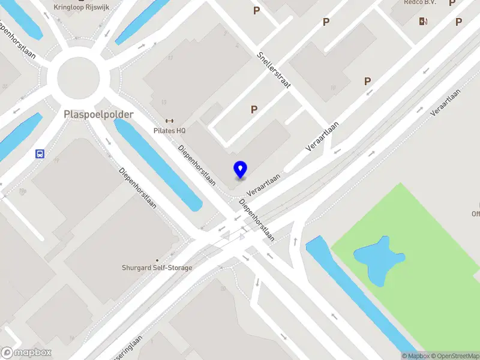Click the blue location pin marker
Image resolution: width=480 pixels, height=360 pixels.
point(240,169)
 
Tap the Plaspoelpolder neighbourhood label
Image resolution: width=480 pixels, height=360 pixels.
point(98,113)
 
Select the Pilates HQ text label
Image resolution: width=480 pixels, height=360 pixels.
point(169,130)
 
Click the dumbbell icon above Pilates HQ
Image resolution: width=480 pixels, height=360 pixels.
point(170,121)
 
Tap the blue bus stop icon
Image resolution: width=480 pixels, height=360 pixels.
point(40,154)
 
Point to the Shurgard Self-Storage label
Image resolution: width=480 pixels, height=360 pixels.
point(157,268)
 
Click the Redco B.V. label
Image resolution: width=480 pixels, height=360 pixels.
point(419,3)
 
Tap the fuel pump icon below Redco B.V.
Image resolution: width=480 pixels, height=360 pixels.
point(424,22)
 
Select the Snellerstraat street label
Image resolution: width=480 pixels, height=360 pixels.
point(274,70)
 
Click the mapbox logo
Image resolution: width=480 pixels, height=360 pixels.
point(26,353)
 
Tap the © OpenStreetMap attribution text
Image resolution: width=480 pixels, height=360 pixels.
point(454,356)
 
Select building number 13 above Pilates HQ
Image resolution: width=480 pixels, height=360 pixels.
point(164,102)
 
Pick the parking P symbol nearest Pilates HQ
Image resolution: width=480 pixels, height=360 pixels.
point(254,110)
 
